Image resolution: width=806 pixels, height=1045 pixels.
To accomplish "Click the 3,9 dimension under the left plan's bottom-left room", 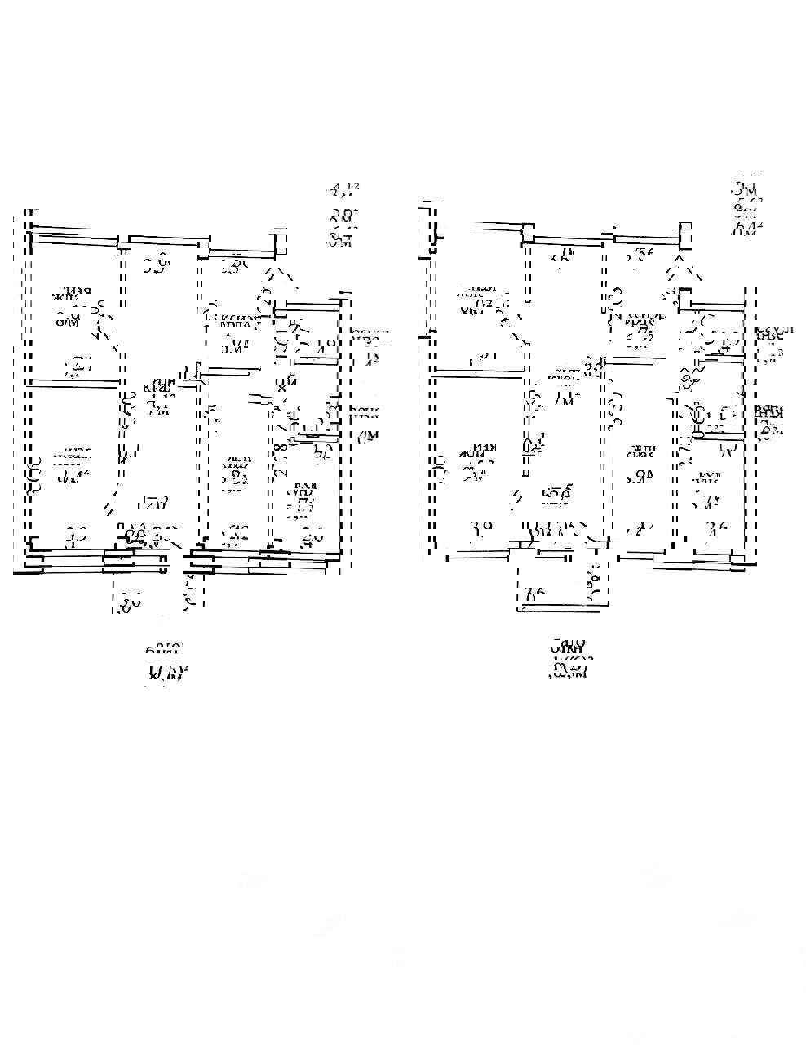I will (x=77, y=537).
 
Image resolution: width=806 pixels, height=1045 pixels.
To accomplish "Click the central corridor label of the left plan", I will (x=161, y=394).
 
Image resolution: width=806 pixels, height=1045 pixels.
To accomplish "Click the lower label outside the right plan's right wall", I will (x=768, y=422).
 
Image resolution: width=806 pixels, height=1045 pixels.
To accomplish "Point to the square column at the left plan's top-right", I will (x=281, y=242).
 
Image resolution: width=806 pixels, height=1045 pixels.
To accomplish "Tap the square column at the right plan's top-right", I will (x=686, y=234).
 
